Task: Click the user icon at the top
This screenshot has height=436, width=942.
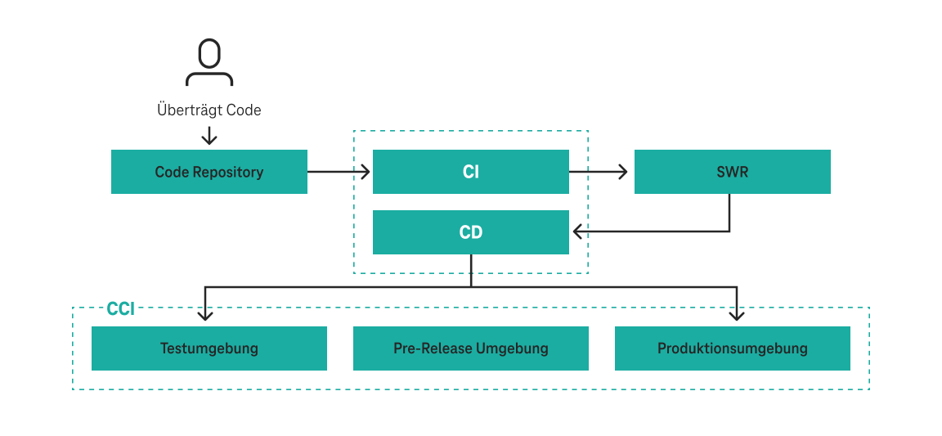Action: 209,62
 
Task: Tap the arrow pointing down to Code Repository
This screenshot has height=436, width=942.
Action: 209,135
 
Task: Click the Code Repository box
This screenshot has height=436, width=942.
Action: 209,172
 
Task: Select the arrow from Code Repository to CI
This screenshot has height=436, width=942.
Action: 339,172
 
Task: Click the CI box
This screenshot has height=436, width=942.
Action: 471,172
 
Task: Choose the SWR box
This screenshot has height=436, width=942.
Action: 733,172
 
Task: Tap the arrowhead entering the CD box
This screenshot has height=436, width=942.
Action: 578,232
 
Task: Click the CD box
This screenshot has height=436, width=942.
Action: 471,232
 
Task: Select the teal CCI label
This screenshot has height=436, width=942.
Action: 120,309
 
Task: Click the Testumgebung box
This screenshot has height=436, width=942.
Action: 209,348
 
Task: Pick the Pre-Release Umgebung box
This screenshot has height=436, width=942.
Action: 471,348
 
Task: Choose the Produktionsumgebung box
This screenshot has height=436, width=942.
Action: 733,348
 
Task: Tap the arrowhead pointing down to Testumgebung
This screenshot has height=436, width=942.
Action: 205,315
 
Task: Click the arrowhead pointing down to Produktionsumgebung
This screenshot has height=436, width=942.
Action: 737,315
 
